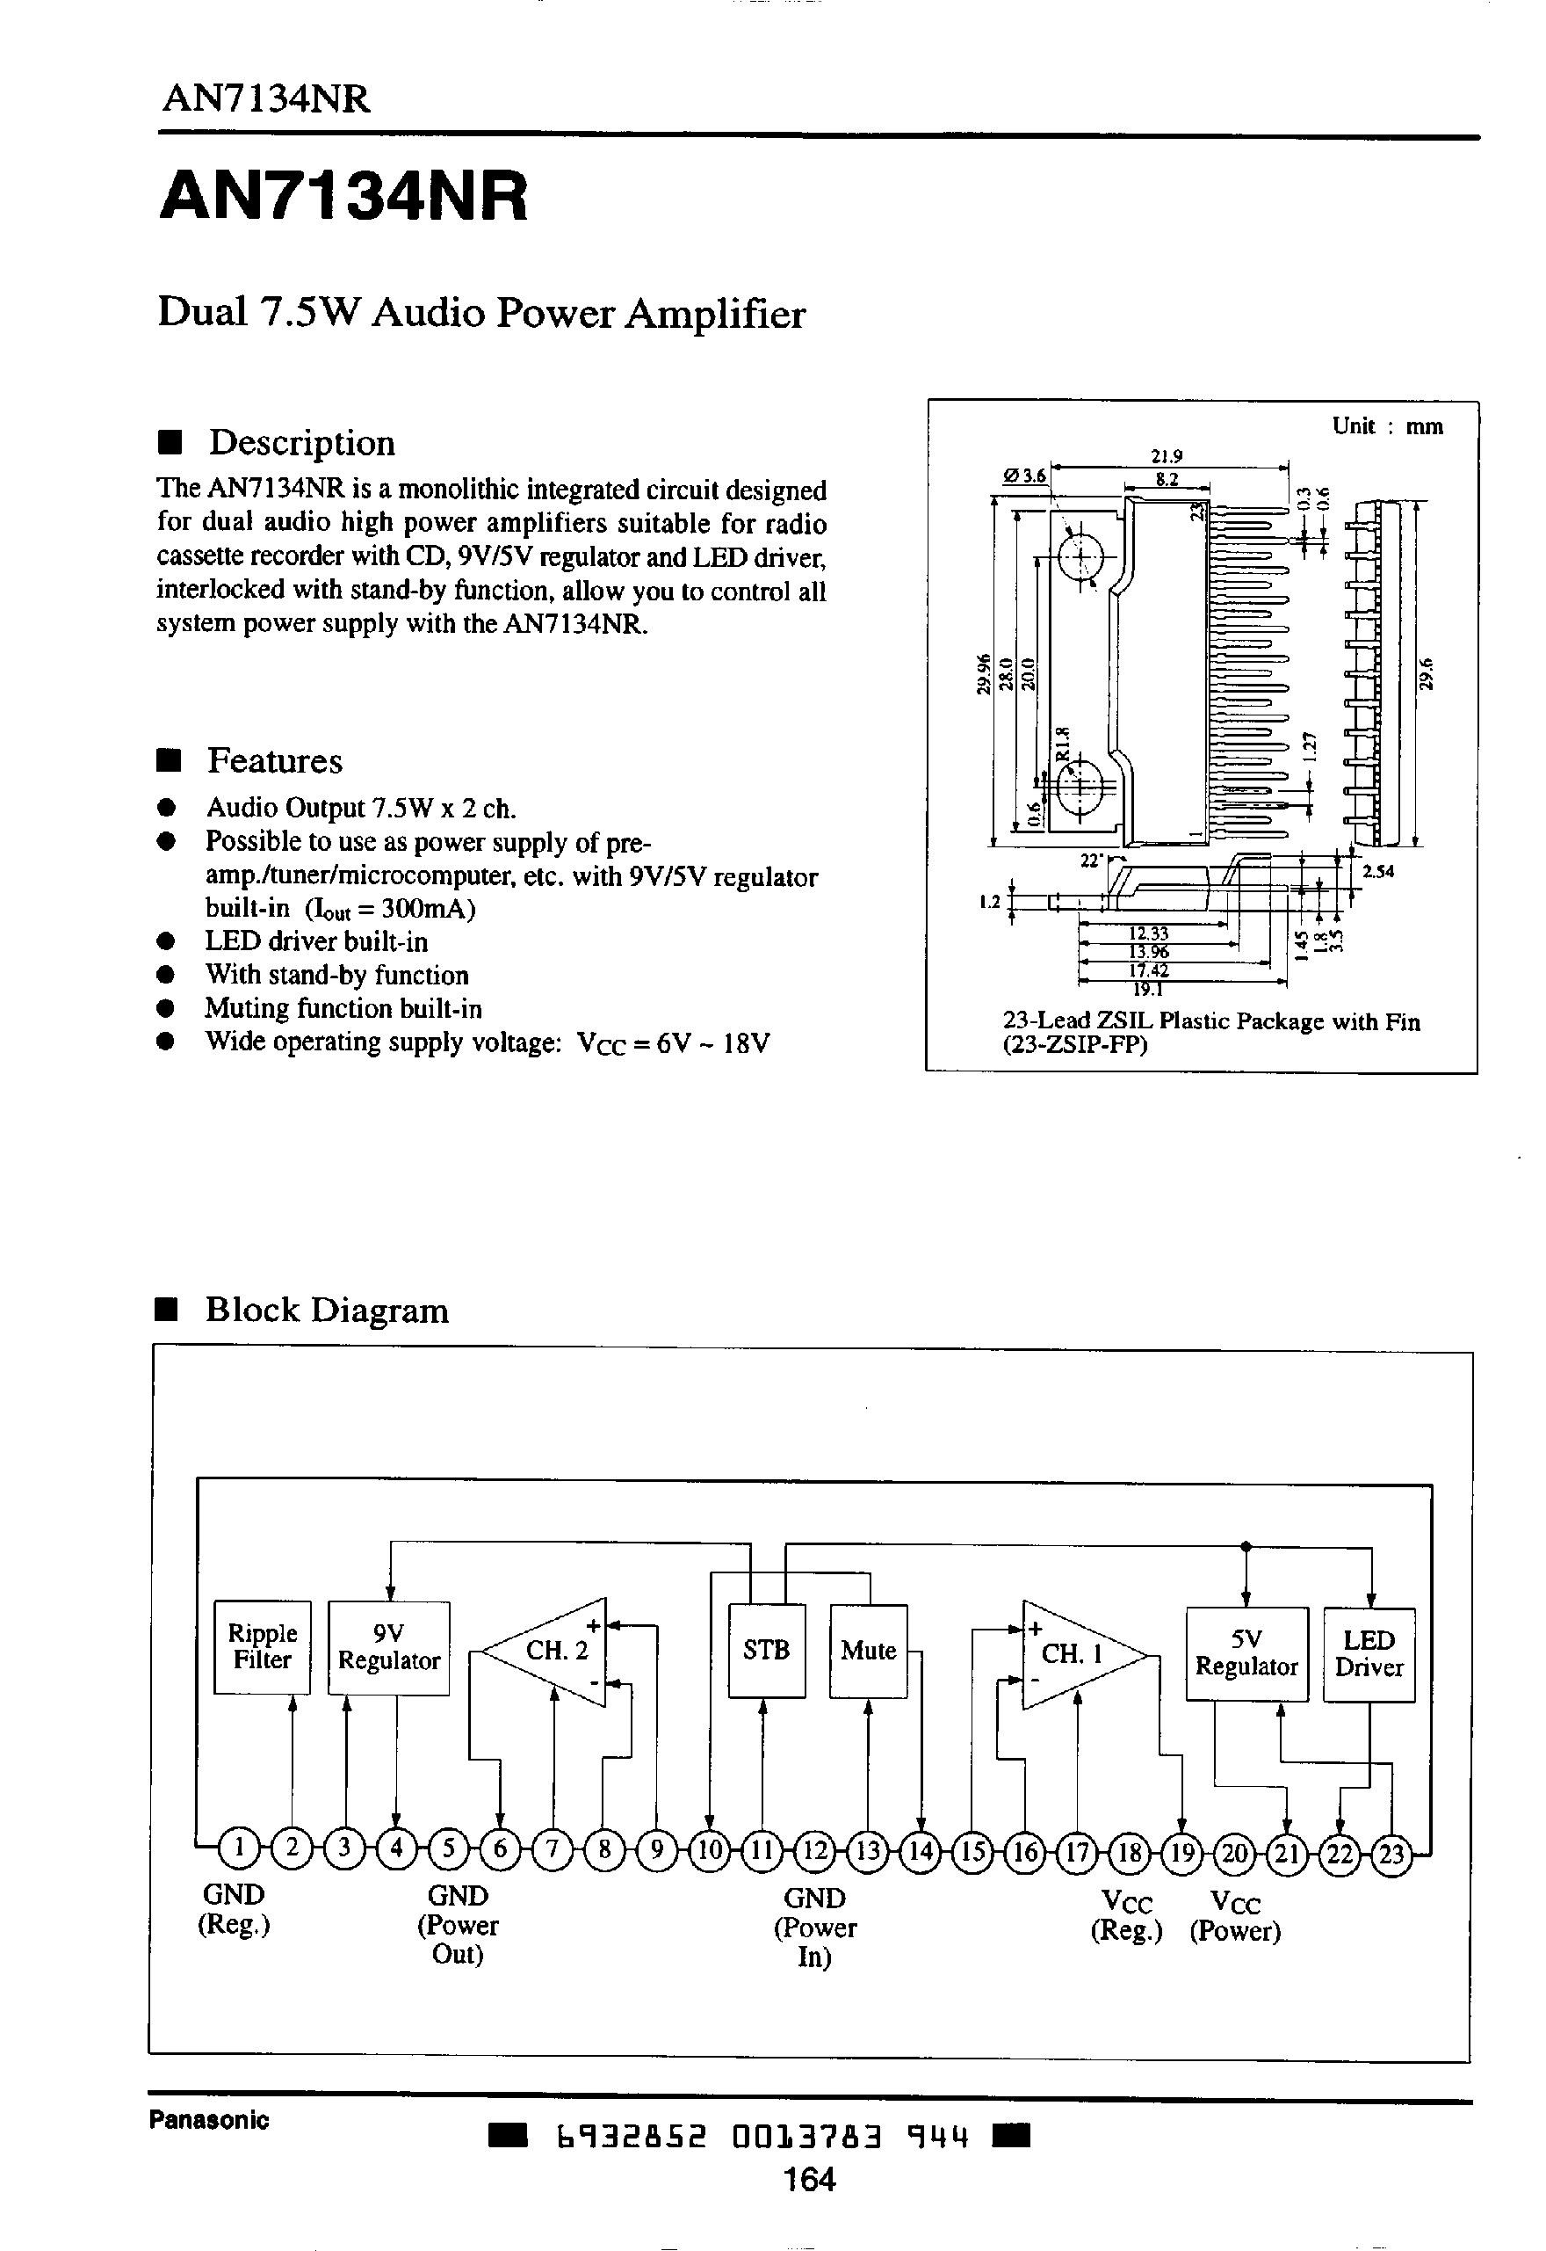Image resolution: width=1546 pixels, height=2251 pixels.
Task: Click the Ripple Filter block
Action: [x=262, y=1647]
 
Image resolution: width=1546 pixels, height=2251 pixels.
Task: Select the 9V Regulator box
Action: [x=388, y=1648]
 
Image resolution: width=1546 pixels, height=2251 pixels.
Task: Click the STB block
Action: [x=766, y=1650]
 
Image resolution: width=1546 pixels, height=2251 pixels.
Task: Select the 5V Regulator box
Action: [x=1246, y=1654]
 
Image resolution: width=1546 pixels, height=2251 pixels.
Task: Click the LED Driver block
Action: [x=1369, y=1654]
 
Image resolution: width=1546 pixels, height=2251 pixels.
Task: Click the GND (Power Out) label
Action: [x=458, y=1924]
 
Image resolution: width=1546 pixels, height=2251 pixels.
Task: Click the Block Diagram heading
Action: [x=327, y=1311]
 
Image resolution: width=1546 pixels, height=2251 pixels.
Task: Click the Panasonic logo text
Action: [x=208, y=2119]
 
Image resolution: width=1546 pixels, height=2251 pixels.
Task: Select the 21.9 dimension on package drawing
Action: [x=1167, y=455]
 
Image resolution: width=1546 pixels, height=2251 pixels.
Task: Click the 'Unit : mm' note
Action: [x=1387, y=426]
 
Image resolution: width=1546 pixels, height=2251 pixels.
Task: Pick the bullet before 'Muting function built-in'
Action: [x=166, y=1009]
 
